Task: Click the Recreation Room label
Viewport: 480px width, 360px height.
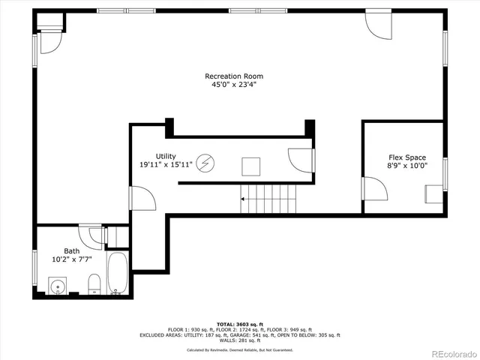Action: tap(234, 76)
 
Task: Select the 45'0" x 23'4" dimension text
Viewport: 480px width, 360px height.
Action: tap(234, 85)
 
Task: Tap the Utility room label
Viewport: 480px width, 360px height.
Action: tap(166, 155)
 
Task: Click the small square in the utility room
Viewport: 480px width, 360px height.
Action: tap(250, 165)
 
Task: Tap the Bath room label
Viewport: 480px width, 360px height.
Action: tap(71, 251)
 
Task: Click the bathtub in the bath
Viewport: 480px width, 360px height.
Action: tap(118, 275)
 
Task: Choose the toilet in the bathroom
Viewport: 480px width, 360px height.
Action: tap(94, 284)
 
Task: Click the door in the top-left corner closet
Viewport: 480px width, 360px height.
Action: tap(50, 42)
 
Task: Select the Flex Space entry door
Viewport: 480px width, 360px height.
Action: tap(373, 188)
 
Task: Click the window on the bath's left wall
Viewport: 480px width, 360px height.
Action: tap(34, 267)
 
